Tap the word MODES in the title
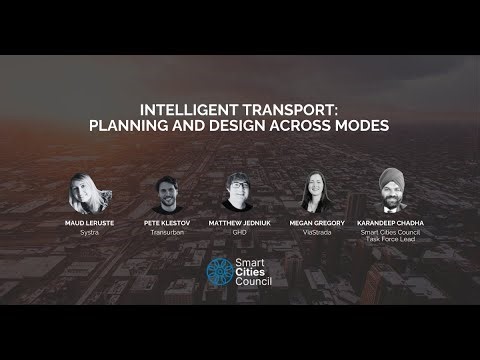click(359, 127)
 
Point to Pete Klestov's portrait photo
click(167, 191)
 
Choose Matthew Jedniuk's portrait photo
click(240, 191)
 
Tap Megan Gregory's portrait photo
click(316, 191)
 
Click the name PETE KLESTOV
click(167, 223)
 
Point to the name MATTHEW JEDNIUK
click(241, 223)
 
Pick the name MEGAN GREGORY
click(316, 223)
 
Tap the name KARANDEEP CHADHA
click(390, 223)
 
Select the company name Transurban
click(167, 232)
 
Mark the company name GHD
click(241, 232)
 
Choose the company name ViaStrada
click(316, 232)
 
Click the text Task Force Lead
click(390, 240)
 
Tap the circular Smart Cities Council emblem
click(218, 271)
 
